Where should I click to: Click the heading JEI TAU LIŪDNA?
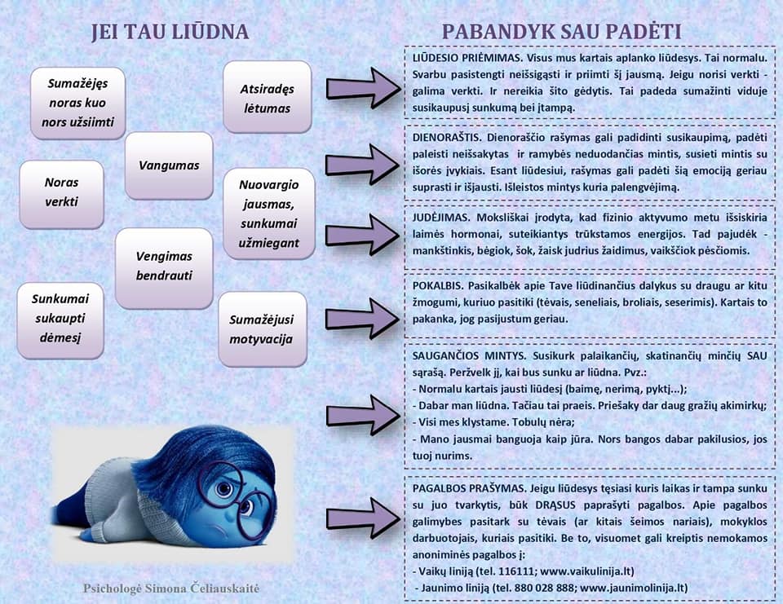(x=170, y=32)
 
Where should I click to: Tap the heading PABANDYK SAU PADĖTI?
(x=562, y=32)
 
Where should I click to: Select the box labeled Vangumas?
(x=169, y=165)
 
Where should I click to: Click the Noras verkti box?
(x=61, y=194)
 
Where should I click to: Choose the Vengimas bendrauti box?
(x=164, y=268)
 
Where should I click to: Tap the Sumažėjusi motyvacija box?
(x=262, y=329)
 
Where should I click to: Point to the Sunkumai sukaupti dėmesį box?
(x=60, y=320)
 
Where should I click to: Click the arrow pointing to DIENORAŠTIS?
(x=362, y=164)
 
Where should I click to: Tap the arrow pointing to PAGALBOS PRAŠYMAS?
(x=362, y=518)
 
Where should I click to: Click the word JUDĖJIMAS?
(x=441, y=218)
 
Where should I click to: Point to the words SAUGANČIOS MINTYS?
(x=469, y=356)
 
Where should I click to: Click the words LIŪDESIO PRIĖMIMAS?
(x=467, y=58)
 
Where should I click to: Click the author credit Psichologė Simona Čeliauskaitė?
(x=171, y=589)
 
